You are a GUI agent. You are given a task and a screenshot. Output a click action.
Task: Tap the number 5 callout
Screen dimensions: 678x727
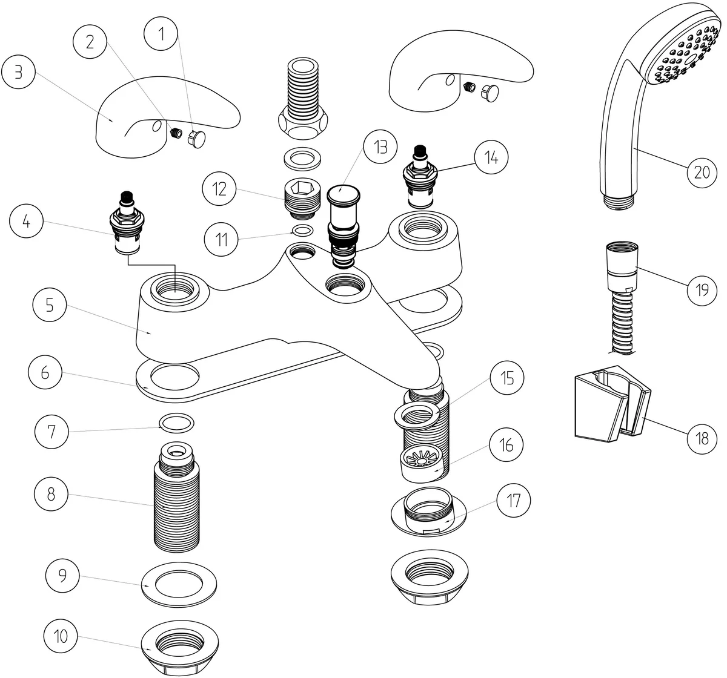49,305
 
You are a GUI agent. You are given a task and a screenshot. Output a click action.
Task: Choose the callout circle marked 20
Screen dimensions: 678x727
701,172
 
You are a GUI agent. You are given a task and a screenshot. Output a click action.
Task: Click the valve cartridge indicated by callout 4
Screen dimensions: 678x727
127,224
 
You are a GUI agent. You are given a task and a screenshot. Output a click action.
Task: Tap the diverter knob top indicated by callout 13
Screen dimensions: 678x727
343,194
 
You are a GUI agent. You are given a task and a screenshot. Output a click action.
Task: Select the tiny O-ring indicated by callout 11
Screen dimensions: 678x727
302,230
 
